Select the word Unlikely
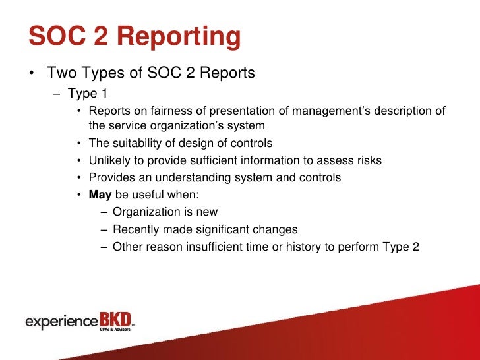pos(110,160)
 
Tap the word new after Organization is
pos(206,212)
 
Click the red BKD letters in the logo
pos(115,319)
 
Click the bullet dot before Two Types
pos(32,73)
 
